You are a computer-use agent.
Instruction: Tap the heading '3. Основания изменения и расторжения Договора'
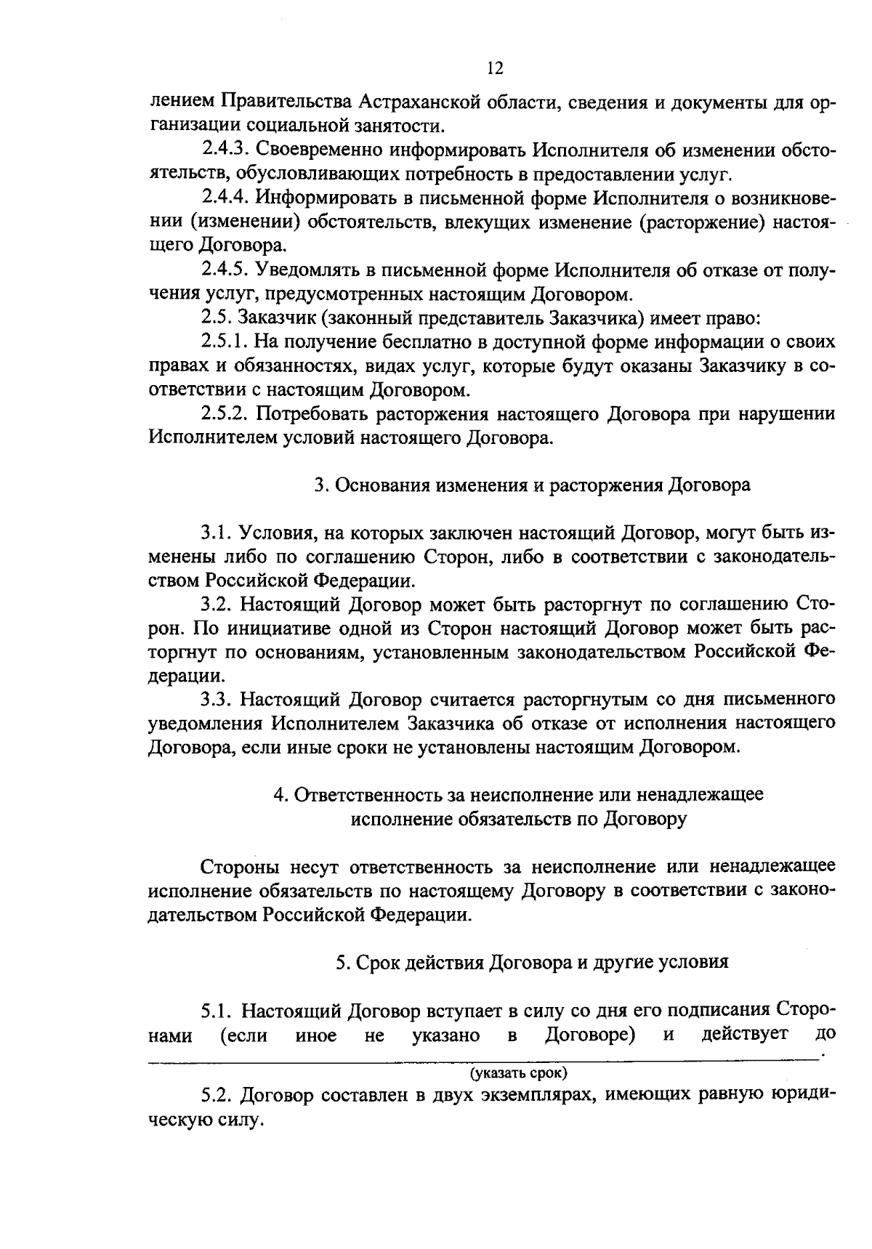point(532,485)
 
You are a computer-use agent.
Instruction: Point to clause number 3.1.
point(216,533)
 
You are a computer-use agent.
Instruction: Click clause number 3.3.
point(216,700)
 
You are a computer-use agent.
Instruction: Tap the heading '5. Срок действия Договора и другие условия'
point(532,962)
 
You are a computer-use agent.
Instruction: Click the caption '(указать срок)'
point(518,1072)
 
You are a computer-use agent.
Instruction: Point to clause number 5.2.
point(216,1095)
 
